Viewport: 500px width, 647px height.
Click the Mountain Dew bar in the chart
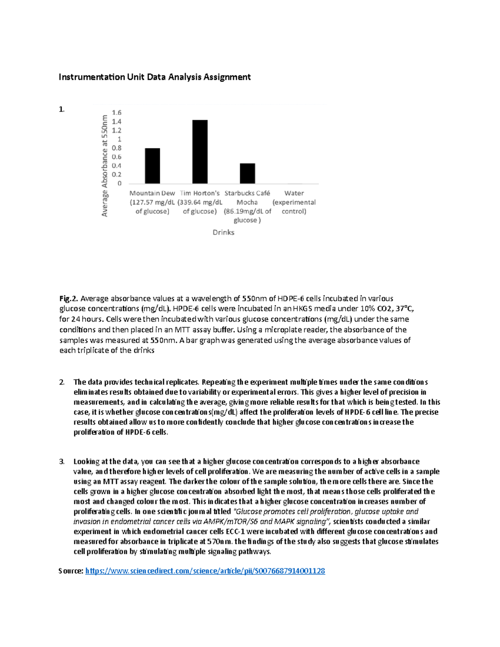click(152, 166)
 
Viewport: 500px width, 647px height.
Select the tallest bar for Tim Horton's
click(200, 152)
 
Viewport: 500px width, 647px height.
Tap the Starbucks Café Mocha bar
click(247, 173)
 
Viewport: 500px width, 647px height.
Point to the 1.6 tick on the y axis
click(117, 112)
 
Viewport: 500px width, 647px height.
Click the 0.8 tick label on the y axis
click(117, 148)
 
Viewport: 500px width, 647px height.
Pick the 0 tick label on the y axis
click(120, 183)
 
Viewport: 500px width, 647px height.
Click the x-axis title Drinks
click(223, 232)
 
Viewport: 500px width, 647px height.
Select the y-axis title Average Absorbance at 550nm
click(105, 166)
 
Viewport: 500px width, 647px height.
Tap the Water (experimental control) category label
click(294, 202)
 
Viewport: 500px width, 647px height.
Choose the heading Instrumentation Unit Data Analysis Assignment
click(155, 77)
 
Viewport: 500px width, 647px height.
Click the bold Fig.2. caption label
click(69, 298)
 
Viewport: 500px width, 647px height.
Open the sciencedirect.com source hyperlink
click(205, 571)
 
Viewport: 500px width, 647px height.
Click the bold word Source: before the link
click(71, 571)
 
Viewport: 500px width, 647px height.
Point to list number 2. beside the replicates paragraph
click(62, 382)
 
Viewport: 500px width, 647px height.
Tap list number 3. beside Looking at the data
click(62, 462)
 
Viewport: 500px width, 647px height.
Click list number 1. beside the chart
click(62, 110)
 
